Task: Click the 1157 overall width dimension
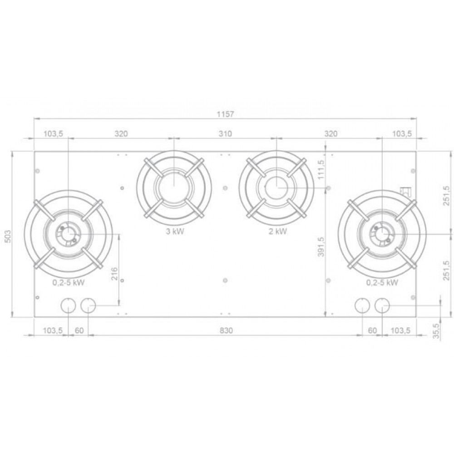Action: pyautogui.click(x=225, y=114)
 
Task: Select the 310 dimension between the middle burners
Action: pyautogui.click(x=225, y=134)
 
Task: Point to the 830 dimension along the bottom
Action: pyautogui.click(x=226, y=331)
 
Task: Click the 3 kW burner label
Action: pyautogui.click(x=175, y=232)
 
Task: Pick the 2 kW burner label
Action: pyautogui.click(x=278, y=232)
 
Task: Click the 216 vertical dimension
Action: pyautogui.click(x=115, y=274)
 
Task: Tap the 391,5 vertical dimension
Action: pyautogui.click(x=321, y=247)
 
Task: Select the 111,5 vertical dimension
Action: pyautogui.click(x=321, y=170)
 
